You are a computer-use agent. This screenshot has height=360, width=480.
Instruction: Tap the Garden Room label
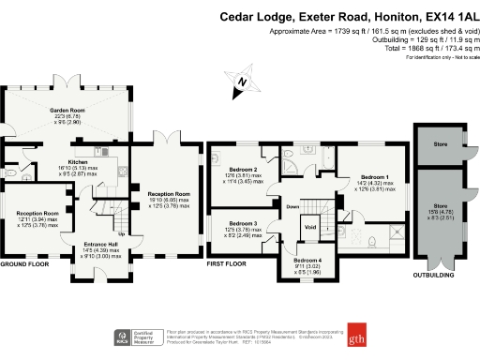(67, 111)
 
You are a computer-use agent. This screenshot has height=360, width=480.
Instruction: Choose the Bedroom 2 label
(241, 169)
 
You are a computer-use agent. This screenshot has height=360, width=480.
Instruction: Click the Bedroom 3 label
(241, 223)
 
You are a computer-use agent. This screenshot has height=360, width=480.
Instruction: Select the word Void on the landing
(309, 226)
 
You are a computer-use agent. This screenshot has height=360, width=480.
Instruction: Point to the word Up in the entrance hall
(121, 233)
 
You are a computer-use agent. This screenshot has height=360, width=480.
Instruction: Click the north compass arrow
(242, 82)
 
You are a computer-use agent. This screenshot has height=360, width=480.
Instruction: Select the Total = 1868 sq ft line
(412, 48)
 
